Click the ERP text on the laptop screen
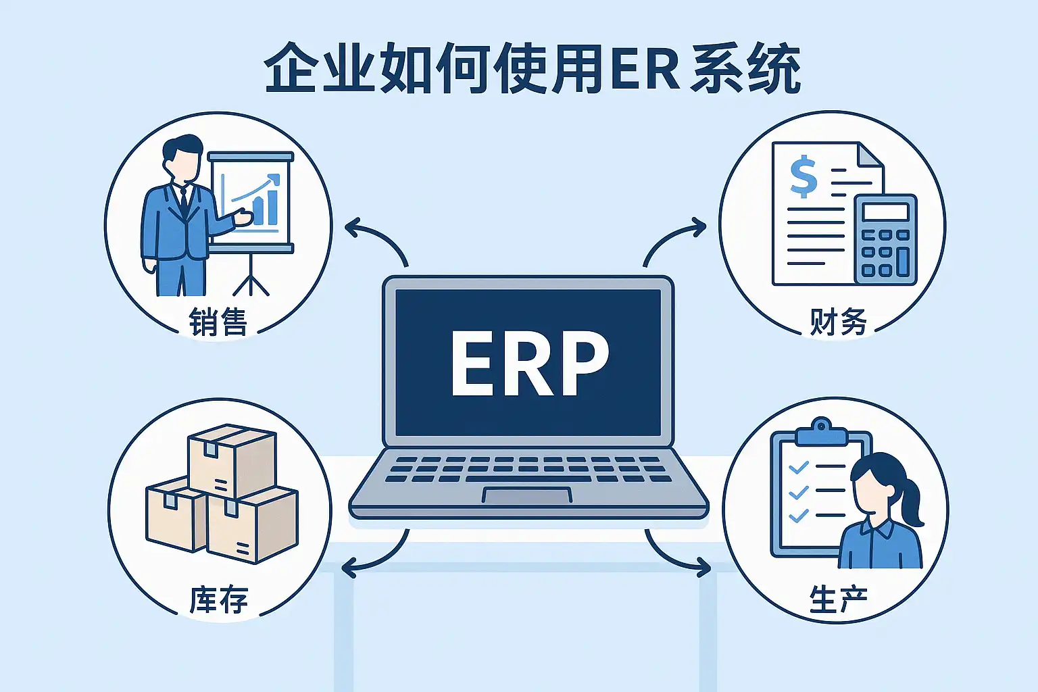pyautogui.click(x=529, y=363)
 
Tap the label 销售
pyautogui.click(x=218, y=322)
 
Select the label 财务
pyautogui.click(x=838, y=322)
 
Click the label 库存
pyautogui.click(x=218, y=600)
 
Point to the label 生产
pyautogui.click(x=838, y=599)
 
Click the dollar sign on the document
pyautogui.click(x=804, y=176)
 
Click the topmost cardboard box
pyautogui.click(x=232, y=460)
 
